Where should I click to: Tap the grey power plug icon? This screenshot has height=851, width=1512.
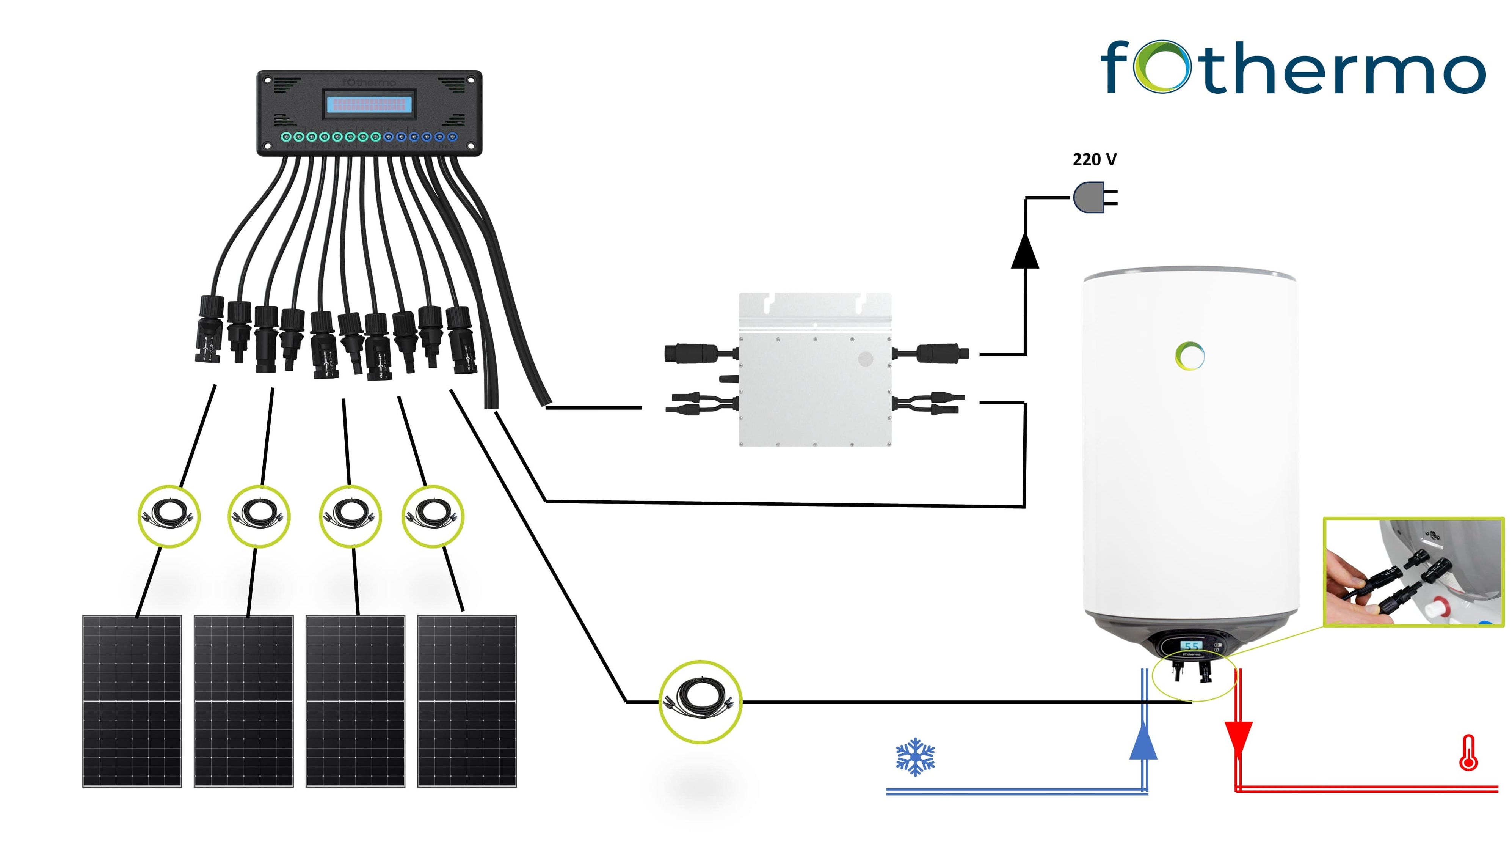pyautogui.click(x=1090, y=197)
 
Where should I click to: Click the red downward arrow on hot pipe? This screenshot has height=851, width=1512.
pyautogui.click(x=1239, y=738)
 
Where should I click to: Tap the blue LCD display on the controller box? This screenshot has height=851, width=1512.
pyautogui.click(x=370, y=105)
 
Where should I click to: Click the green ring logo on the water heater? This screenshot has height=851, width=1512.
pyautogui.click(x=1190, y=356)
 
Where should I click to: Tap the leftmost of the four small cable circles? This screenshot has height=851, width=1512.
pyautogui.click(x=169, y=516)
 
